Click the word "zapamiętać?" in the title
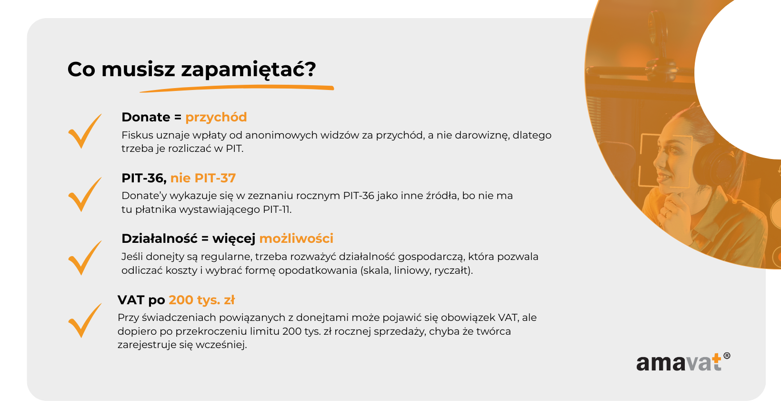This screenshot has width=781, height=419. [248, 70]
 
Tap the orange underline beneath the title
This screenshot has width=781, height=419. [237, 88]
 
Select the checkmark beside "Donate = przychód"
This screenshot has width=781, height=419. [85, 131]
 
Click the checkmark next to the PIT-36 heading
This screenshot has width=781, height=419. [85, 195]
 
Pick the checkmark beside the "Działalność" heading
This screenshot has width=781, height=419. [85, 258]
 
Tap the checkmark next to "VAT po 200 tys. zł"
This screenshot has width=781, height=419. [85, 321]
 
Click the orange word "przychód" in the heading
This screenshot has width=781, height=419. [216, 118]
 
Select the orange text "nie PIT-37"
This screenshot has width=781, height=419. [203, 178]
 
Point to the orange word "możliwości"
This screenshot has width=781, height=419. [296, 239]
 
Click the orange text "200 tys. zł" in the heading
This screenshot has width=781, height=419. [202, 300]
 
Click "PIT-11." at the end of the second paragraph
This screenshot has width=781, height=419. [277, 209]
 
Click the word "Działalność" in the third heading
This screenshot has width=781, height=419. [160, 239]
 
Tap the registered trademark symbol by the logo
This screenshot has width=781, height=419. [727, 356]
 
